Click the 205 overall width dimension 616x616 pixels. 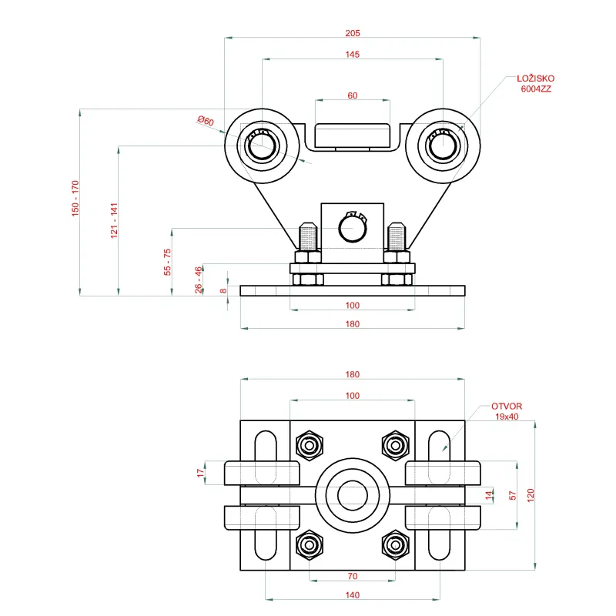coord(353,33)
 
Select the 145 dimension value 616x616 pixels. coord(353,54)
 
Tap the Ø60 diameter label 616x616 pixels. coord(206,121)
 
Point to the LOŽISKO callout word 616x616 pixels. coord(535,79)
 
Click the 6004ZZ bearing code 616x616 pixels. coord(536,89)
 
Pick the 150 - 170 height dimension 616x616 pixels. coord(75,199)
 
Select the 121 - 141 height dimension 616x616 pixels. coord(114,221)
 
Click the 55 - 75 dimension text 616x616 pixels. coord(167,262)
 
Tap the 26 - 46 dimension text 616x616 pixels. coord(199,280)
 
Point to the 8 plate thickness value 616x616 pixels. coord(223,291)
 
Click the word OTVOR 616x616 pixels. coord(507,407)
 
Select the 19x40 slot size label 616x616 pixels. coord(507,417)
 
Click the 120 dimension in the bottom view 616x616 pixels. coord(531,495)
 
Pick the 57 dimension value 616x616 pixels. coord(512,495)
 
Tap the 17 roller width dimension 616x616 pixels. coord(201,473)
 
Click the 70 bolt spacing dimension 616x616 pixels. coord(353,576)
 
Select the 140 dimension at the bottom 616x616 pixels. coord(353,594)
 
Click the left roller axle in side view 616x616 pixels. coord(262,146)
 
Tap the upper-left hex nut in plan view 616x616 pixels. coord(310,445)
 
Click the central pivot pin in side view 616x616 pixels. coord(353,228)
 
